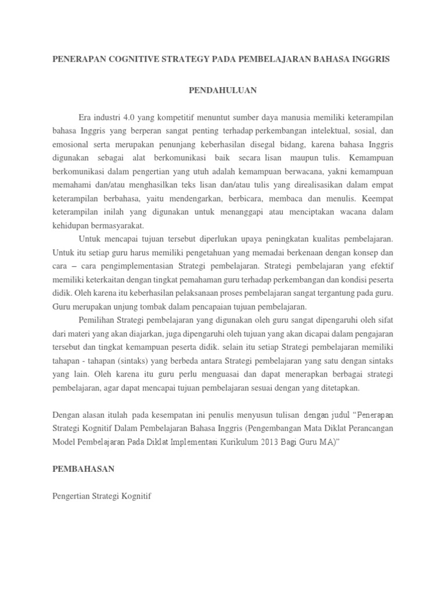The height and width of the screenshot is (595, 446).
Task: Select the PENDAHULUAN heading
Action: pos(222,90)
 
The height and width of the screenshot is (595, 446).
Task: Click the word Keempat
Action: pos(374,199)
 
